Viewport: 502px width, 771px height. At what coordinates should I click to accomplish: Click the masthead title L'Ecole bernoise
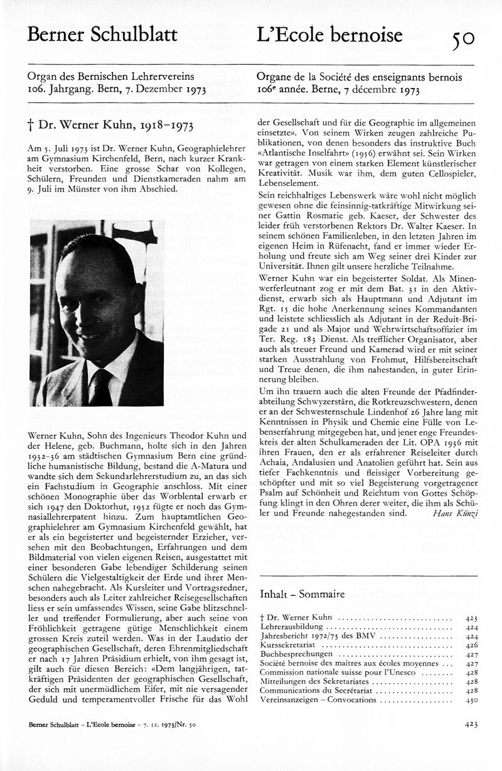(329, 35)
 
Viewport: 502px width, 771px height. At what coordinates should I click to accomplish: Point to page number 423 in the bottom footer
(472, 742)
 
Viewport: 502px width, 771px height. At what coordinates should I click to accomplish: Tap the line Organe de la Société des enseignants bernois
(360, 77)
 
